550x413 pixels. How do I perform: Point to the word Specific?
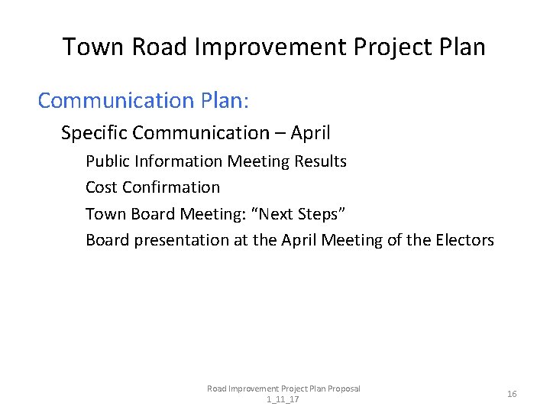tap(94, 133)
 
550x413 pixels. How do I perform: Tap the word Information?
tap(177, 161)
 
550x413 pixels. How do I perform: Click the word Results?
tap(321, 161)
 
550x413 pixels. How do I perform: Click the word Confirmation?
tap(170, 187)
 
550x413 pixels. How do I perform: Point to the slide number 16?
tap(512, 394)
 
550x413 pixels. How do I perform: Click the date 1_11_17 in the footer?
tap(283, 399)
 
